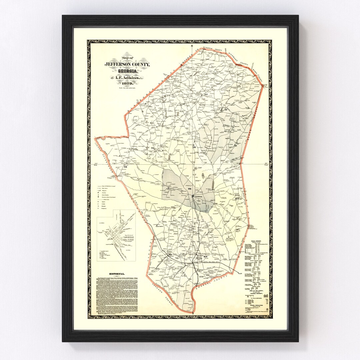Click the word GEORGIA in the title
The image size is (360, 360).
pos(127,71)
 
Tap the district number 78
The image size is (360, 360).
pos(195,147)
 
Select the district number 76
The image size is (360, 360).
pos(152,148)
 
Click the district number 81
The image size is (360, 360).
pos(206,95)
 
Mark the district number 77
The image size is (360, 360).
pos(226,109)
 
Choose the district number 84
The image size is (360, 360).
pos(237,199)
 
